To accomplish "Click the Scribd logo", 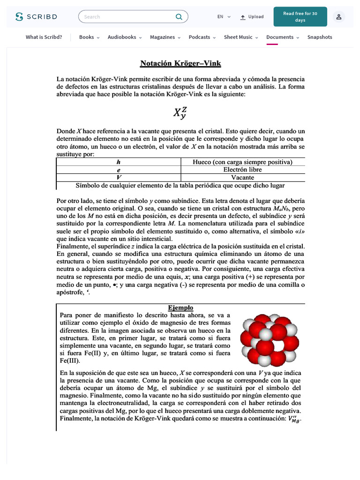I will click(36, 17).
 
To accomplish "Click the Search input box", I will click(127, 17).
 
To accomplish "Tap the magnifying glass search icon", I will click(179, 17).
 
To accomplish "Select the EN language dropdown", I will click(224, 17).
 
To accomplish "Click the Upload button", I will click(252, 17).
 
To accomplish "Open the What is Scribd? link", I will click(44, 37).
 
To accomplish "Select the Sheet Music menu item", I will click(240, 37).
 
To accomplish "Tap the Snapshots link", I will click(320, 37).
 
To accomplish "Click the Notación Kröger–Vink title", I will click(180, 63).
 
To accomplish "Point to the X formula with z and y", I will click(180, 113).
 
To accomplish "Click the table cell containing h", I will click(119, 162).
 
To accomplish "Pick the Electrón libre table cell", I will click(243, 170).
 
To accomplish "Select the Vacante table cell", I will click(243, 178).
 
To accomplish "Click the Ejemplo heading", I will click(180, 307).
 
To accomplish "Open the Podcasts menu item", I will click(202, 37).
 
